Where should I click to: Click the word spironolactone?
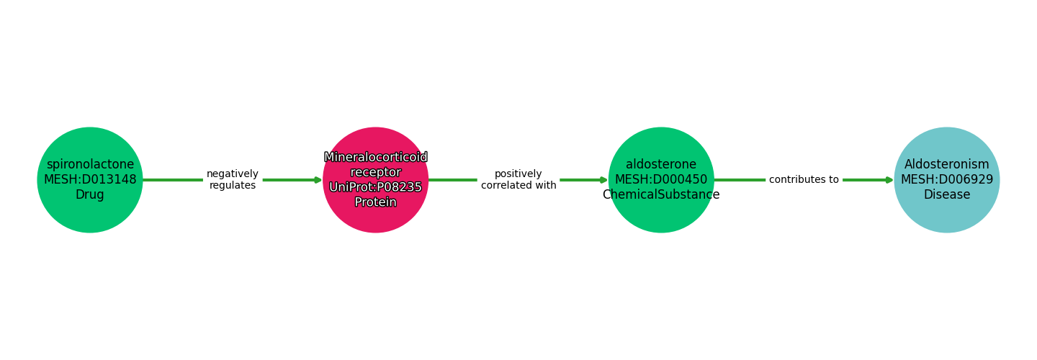(x=90, y=165)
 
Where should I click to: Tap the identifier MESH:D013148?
(x=90, y=180)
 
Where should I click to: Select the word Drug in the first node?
(x=90, y=195)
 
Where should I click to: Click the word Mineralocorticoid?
(x=375, y=158)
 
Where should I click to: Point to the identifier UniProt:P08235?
(x=375, y=187)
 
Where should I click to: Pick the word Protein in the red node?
(x=375, y=202)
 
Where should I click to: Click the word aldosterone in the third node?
(x=660, y=165)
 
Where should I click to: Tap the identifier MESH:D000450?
(x=660, y=180)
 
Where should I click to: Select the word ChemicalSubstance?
(x=660, y=195)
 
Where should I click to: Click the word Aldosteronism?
(x=946, y=165)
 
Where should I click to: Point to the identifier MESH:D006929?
(x=946, y=180)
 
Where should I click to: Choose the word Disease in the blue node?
(x=946, y=195)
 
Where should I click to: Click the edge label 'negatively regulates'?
(x=232, y=180)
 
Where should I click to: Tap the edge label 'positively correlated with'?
(x=518, y=180)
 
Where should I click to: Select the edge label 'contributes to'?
(x=804, y=180)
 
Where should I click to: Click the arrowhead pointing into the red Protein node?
(x=318, y=180)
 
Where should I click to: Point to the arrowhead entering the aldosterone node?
(x=603, y=180)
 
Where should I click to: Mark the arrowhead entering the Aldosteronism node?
(x=889, y=180)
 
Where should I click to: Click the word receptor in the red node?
(x=375, y=173)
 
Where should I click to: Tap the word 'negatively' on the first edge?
(x=232, y=174)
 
